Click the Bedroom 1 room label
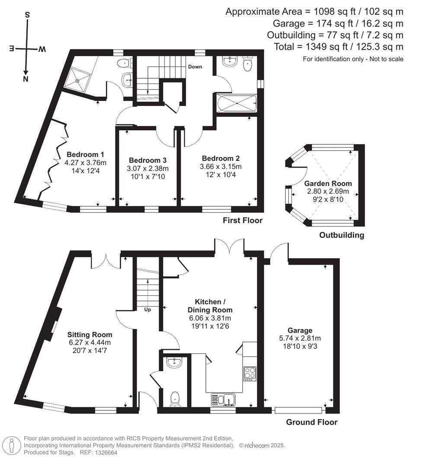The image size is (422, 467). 85,155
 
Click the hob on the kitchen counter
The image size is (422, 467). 250,373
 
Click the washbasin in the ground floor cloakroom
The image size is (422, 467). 176,363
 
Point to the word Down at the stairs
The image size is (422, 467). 195,67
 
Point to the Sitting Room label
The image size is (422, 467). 90,335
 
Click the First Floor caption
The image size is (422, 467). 243,221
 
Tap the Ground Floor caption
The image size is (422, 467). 311,422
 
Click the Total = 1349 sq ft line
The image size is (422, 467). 339,47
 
